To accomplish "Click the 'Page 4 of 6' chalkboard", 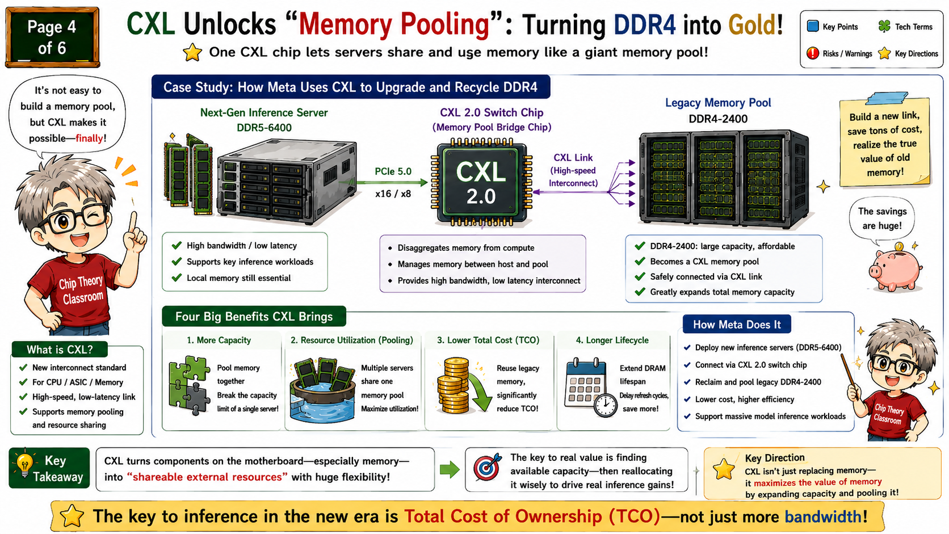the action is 53,37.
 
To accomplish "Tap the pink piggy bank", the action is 895,270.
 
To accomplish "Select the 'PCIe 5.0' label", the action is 393,171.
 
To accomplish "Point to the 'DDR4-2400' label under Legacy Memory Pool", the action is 717,119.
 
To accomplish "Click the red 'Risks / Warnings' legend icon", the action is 813,53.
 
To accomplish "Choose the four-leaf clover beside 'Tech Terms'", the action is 884,26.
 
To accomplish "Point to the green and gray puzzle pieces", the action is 189,385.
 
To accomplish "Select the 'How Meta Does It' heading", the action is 737,325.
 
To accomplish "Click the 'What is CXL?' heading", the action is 60,350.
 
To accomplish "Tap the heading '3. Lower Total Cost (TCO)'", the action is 488,340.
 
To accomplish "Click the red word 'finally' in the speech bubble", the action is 89,138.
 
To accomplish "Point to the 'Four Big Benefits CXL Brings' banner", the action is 254,316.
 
